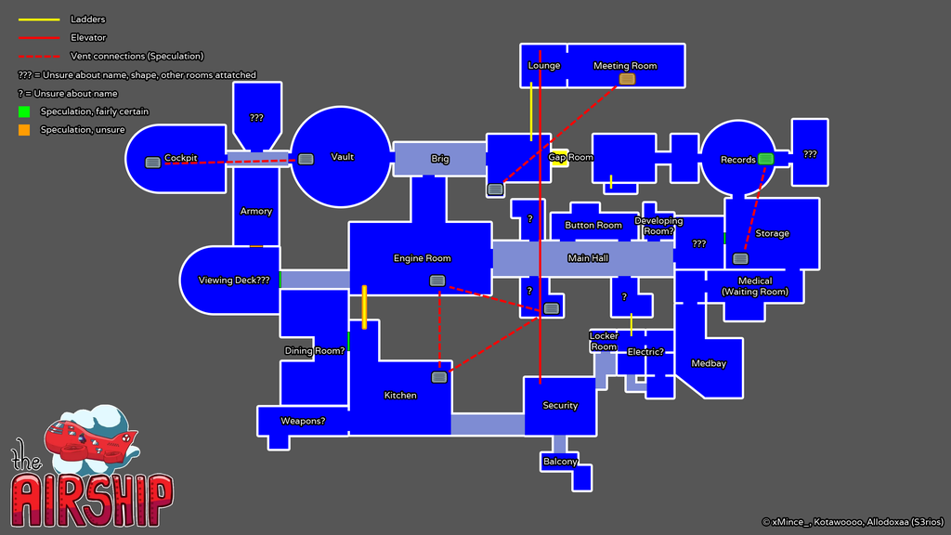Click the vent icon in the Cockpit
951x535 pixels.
tap(152, 163)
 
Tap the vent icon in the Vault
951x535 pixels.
tap(306, 159)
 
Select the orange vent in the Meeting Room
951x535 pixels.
tap(627, 79)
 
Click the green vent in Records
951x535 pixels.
tap(765, 159)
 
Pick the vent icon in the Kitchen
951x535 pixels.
tap(439, 377)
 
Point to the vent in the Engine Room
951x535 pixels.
tap(436, 281)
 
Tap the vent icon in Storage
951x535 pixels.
tap(740, 258)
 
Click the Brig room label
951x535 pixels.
tap(440, 159)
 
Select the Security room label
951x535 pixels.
tap(560, 405)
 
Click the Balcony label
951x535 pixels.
tap(560, 462)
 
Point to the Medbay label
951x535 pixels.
tap(709, 363)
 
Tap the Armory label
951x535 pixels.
tap(256, 211)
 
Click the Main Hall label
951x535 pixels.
tap(588, 258)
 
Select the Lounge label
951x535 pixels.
tap(544, 66)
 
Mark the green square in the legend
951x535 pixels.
tap(24, 111)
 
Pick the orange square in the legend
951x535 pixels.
tap(24, 130)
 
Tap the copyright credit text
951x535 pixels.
tap(851, 522)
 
